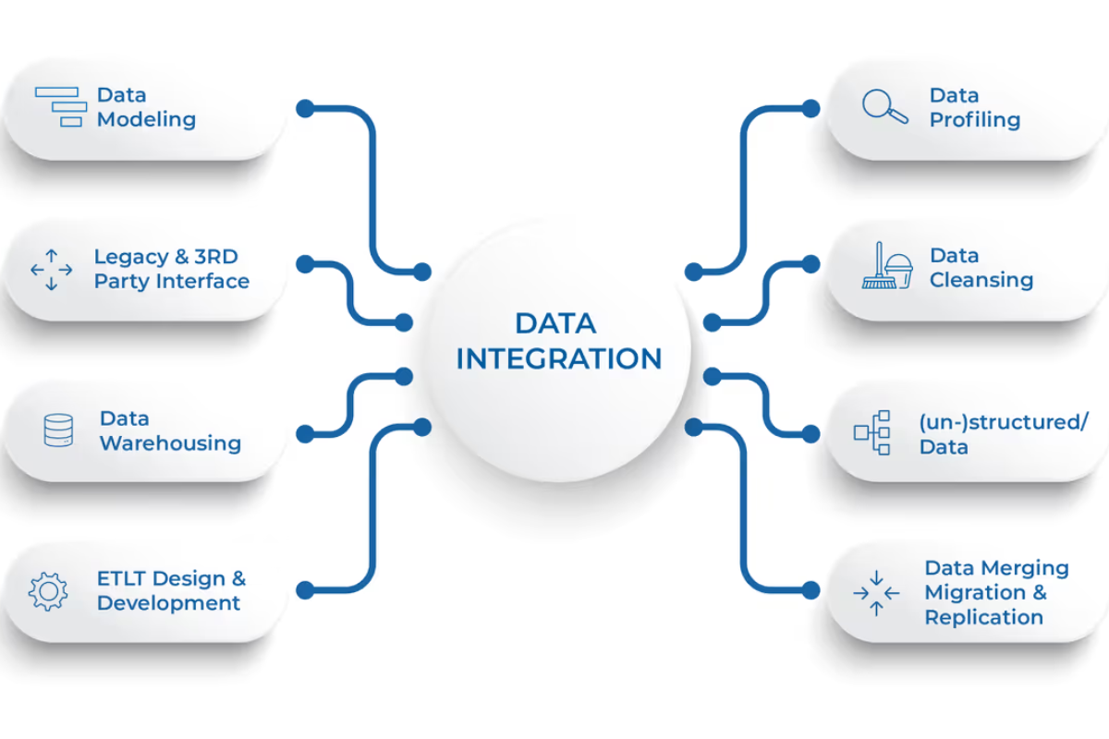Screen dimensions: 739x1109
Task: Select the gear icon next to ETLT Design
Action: point(48,591)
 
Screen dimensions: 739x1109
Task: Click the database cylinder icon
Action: point(58,430)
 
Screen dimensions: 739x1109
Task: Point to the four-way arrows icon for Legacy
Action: point(51,270)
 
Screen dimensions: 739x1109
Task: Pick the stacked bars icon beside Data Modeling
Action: point(60,106)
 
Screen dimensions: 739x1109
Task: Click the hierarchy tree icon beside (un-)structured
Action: point(872,432)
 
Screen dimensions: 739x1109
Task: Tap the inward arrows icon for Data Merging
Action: point(875,592)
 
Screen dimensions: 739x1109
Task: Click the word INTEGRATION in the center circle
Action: point(559,358)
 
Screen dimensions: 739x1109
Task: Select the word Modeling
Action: point(146,119)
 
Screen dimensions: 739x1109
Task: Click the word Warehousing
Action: point(170,443)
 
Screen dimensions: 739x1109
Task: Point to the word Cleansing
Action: point(981,280)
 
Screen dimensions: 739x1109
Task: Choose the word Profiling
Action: point(974,120)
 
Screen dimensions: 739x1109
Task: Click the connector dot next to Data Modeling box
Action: point(305,108)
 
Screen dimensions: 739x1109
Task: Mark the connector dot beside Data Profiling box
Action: point(810,108)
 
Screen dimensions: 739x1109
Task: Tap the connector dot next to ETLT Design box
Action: point(305,588)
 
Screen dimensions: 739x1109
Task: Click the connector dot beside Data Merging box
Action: point(810,588)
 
